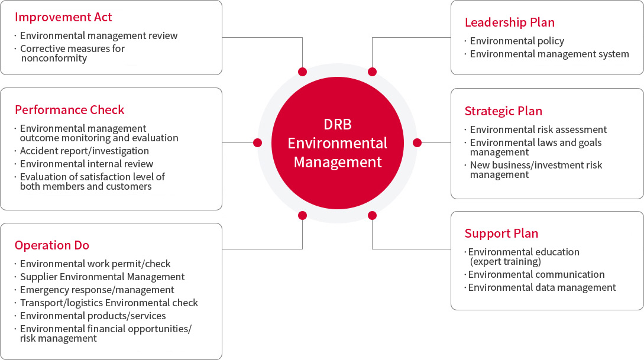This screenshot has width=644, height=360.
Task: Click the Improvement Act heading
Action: [63, 17]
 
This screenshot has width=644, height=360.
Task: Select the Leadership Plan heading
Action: [510, 22]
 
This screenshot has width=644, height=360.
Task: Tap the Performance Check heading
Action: [69, 110]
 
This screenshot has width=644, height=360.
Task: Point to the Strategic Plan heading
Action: [503, 111]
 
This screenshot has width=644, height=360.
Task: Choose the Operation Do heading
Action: [52, 245]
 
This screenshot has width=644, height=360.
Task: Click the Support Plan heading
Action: [501, 233]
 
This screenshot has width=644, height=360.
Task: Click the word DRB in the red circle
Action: [338, 124]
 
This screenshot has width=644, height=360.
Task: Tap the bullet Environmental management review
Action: [99, 35]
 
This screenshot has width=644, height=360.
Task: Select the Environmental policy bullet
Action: [517, 41]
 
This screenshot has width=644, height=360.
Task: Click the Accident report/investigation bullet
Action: [85, 151]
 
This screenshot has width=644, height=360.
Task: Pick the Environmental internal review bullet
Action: [87, 164]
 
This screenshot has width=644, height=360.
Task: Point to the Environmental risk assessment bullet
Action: [539, 129]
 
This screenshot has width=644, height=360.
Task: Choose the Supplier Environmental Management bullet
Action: [102, 277]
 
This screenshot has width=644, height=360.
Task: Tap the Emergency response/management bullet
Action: [97, 290]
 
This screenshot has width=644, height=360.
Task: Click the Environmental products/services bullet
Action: [93, 316]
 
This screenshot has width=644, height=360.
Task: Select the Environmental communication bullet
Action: [536, 275]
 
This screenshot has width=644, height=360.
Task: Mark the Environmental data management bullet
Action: [542, 288]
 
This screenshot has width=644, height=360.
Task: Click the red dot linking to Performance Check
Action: [257, 143]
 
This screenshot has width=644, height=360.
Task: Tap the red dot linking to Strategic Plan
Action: [418, 143]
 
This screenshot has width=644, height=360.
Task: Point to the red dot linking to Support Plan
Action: [372, 216]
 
